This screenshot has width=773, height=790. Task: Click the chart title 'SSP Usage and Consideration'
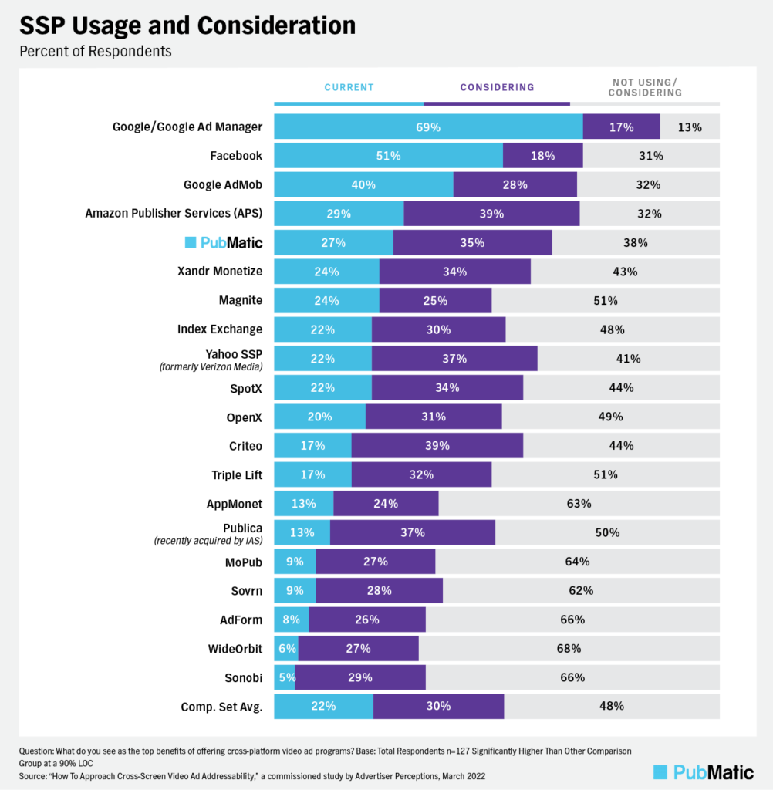187,26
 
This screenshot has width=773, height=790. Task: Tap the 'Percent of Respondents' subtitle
96,52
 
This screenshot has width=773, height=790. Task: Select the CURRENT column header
349,87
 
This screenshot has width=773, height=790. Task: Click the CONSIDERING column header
497,87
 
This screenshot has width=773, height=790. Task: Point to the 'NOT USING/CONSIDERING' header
646,87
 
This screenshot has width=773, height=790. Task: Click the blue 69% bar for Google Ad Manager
428,127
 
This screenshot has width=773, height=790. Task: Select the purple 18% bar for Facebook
542,156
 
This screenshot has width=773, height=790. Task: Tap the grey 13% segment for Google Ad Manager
690,127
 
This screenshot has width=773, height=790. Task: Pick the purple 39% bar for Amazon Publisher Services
491,214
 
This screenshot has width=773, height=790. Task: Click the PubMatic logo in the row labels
224,242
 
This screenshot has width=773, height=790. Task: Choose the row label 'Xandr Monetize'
220,272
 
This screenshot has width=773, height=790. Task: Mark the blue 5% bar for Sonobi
285,677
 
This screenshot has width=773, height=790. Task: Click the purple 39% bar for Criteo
437,445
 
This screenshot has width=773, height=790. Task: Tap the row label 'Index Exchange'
220,329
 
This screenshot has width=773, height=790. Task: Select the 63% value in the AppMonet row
579,504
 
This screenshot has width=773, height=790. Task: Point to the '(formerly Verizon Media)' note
211,366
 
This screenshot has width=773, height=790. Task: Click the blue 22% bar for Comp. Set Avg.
323,706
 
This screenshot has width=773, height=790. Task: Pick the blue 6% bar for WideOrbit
286,648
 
